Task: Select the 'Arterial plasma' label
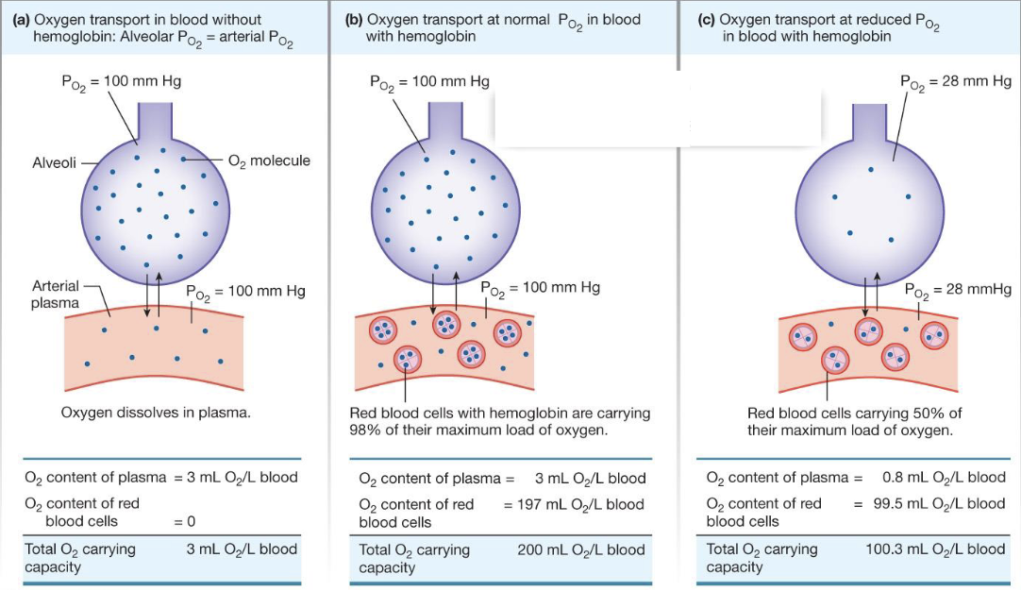point(55,293)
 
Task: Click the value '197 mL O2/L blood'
point(575,504)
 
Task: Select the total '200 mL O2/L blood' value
point(581,549)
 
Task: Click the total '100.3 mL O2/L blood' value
point(935,549)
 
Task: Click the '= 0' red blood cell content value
point(190,520)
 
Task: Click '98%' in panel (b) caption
point(364,430)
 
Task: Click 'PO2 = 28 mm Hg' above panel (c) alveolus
point(955,82)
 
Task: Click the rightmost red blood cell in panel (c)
point(934,334)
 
